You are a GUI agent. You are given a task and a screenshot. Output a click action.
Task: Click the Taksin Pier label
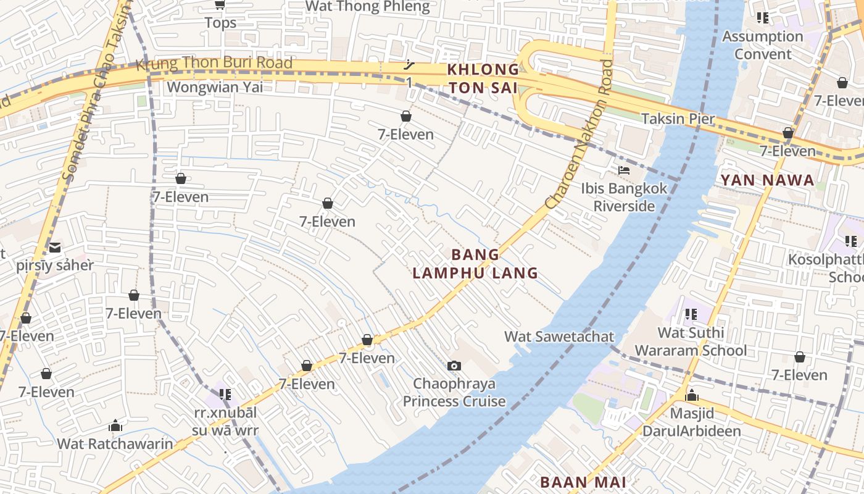(x=678, y=119)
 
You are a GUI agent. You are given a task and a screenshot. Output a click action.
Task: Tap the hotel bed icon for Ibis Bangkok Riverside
(x=624, y=170)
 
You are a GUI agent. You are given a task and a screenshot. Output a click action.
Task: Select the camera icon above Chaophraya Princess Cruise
(x=454, y=366)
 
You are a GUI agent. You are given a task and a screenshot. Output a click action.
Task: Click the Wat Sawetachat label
(x=559, y=337)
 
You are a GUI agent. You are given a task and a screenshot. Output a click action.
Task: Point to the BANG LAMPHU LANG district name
(x=475, y=264)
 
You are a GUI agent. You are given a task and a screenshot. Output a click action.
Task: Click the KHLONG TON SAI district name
(x=483, y=78)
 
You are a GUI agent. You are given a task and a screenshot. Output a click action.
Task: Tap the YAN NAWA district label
(x=767, y=180)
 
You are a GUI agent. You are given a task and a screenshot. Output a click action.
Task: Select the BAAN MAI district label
(x=583, y=482)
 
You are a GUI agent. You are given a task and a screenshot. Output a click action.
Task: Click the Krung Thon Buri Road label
(x=214, y=63)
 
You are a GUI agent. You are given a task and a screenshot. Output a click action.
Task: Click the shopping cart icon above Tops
(x=220, y=5)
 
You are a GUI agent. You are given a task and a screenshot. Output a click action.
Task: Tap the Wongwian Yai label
(x=214, y=87)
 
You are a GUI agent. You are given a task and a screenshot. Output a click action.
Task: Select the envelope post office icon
(x=55, y=248)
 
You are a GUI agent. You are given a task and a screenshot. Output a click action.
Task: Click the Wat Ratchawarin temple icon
(x=115, y=425)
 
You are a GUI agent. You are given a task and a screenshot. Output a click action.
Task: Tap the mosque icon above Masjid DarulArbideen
(x=691, y=395)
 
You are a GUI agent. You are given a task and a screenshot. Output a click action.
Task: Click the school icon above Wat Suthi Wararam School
(x=691, y=314)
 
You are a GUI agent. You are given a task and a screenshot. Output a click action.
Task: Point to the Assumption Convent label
(x=763, y=45)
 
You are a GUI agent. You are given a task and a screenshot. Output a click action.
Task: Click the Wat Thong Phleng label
(x=367, y=7)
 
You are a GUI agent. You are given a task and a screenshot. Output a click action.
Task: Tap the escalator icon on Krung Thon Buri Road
(x=409, y=64)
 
